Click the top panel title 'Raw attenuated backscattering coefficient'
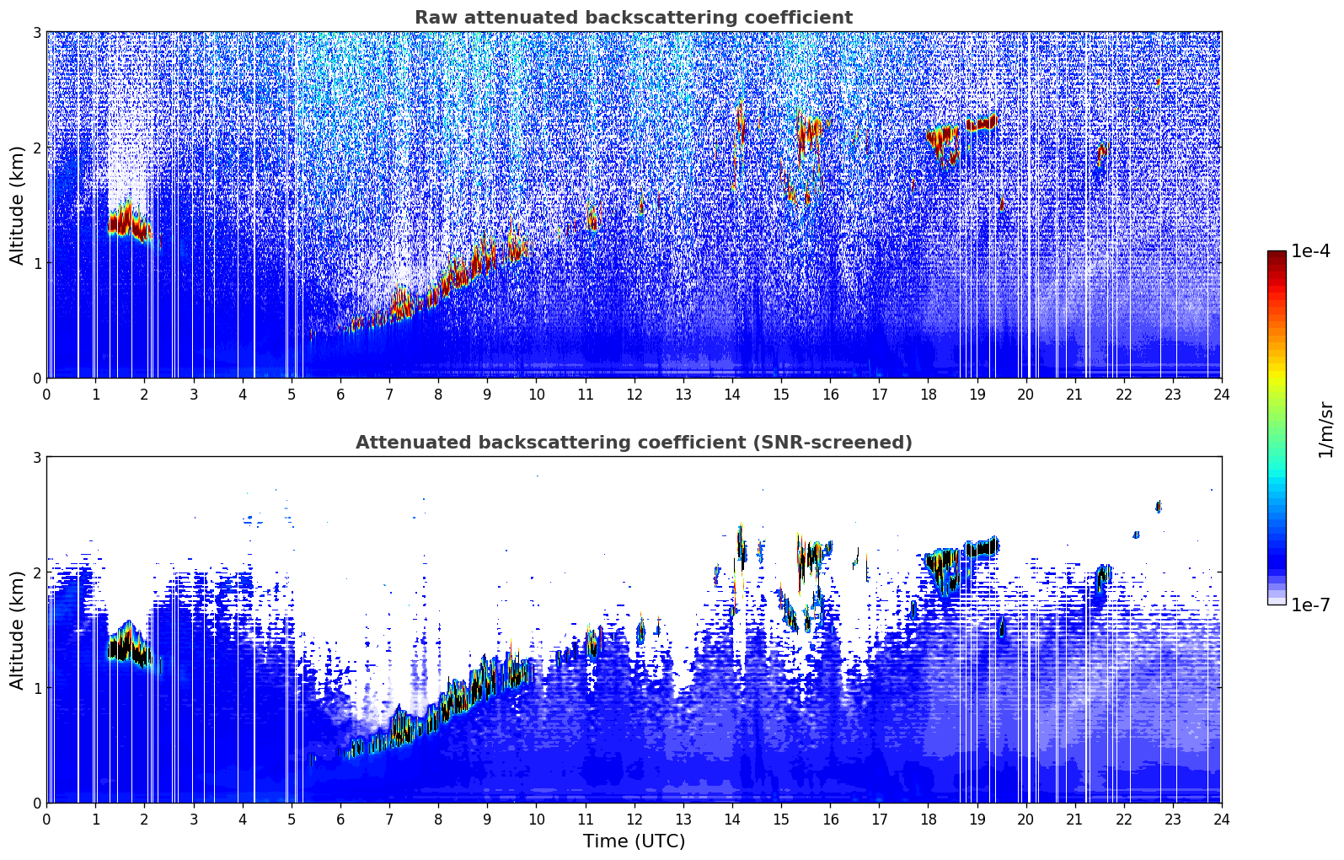(633, 18)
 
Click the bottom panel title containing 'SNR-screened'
(633, 443)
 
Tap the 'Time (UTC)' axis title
(634, 841)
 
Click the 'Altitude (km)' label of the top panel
(18, 205)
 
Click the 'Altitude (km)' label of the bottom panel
(18, 630)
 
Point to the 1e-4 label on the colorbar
(1310, 251)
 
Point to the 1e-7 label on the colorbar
(1310, 605)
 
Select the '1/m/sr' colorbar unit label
(1325, 429)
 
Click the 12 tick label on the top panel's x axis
(634, 395)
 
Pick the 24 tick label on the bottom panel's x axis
(1221, 820)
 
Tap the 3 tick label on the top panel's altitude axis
(36, 33)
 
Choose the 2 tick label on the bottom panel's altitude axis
(36, 572)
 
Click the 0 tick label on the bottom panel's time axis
(46, 820)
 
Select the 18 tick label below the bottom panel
(927, 820)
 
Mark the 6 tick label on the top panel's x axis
(340, 395)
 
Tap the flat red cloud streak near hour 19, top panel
(982, 124)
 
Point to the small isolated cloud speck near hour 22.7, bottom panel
(1158, 506)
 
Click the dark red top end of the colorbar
(1277, 255)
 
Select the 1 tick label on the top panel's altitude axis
(36, 263)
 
